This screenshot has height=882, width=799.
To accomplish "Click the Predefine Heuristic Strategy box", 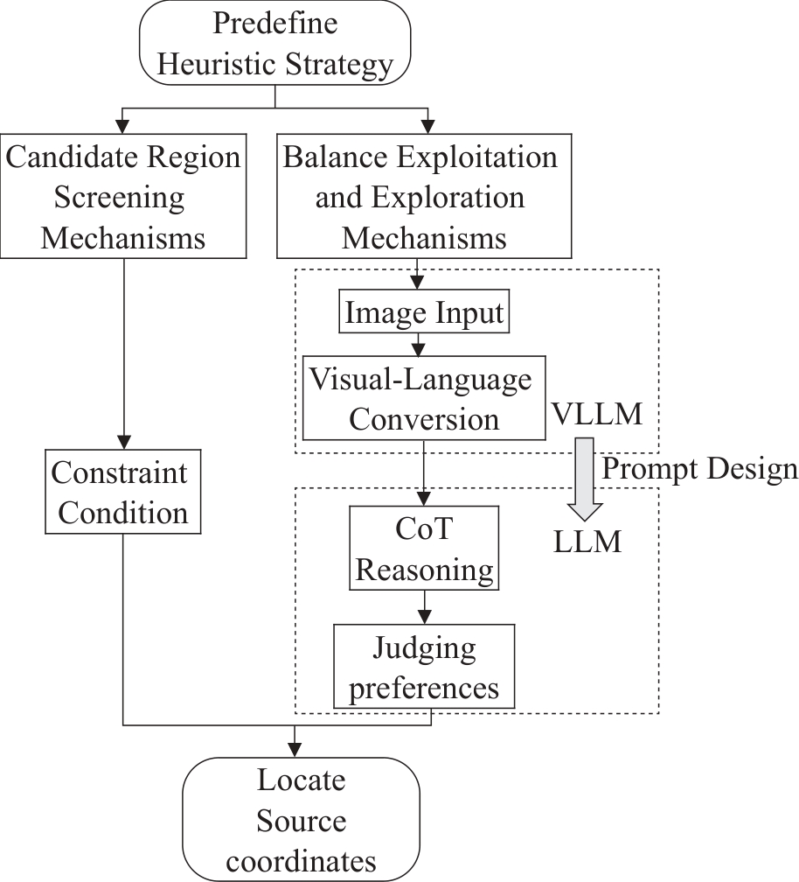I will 274,42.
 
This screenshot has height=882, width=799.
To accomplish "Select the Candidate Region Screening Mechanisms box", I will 123,197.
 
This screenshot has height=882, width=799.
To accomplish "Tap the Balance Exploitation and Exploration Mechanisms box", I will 420,197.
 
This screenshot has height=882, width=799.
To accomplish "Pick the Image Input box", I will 424,312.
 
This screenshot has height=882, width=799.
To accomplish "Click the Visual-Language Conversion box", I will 424,398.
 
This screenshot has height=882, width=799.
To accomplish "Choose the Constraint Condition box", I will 123,491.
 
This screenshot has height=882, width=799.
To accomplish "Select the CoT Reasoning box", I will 424,549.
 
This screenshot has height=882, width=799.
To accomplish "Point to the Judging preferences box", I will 424,667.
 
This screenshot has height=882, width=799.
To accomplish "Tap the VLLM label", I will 598,413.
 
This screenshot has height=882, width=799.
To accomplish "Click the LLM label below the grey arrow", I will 587,542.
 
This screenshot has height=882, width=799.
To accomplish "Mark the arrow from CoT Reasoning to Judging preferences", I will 424,606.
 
